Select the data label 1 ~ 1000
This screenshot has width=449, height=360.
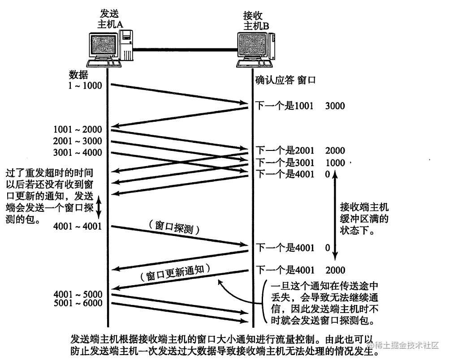coord(86,85)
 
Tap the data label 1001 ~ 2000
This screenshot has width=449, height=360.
coord(77,130)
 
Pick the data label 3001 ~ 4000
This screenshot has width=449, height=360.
coord(77,153)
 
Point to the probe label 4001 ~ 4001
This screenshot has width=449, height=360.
coord(77,226)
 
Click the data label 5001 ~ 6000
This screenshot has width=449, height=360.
coord(77,303)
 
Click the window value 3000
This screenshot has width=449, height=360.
coord(335,106)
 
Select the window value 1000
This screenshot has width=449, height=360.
coord(335,162)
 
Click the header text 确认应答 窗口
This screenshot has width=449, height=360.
coord(285,81)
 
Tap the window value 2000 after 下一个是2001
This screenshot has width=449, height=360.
coord(335,150)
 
